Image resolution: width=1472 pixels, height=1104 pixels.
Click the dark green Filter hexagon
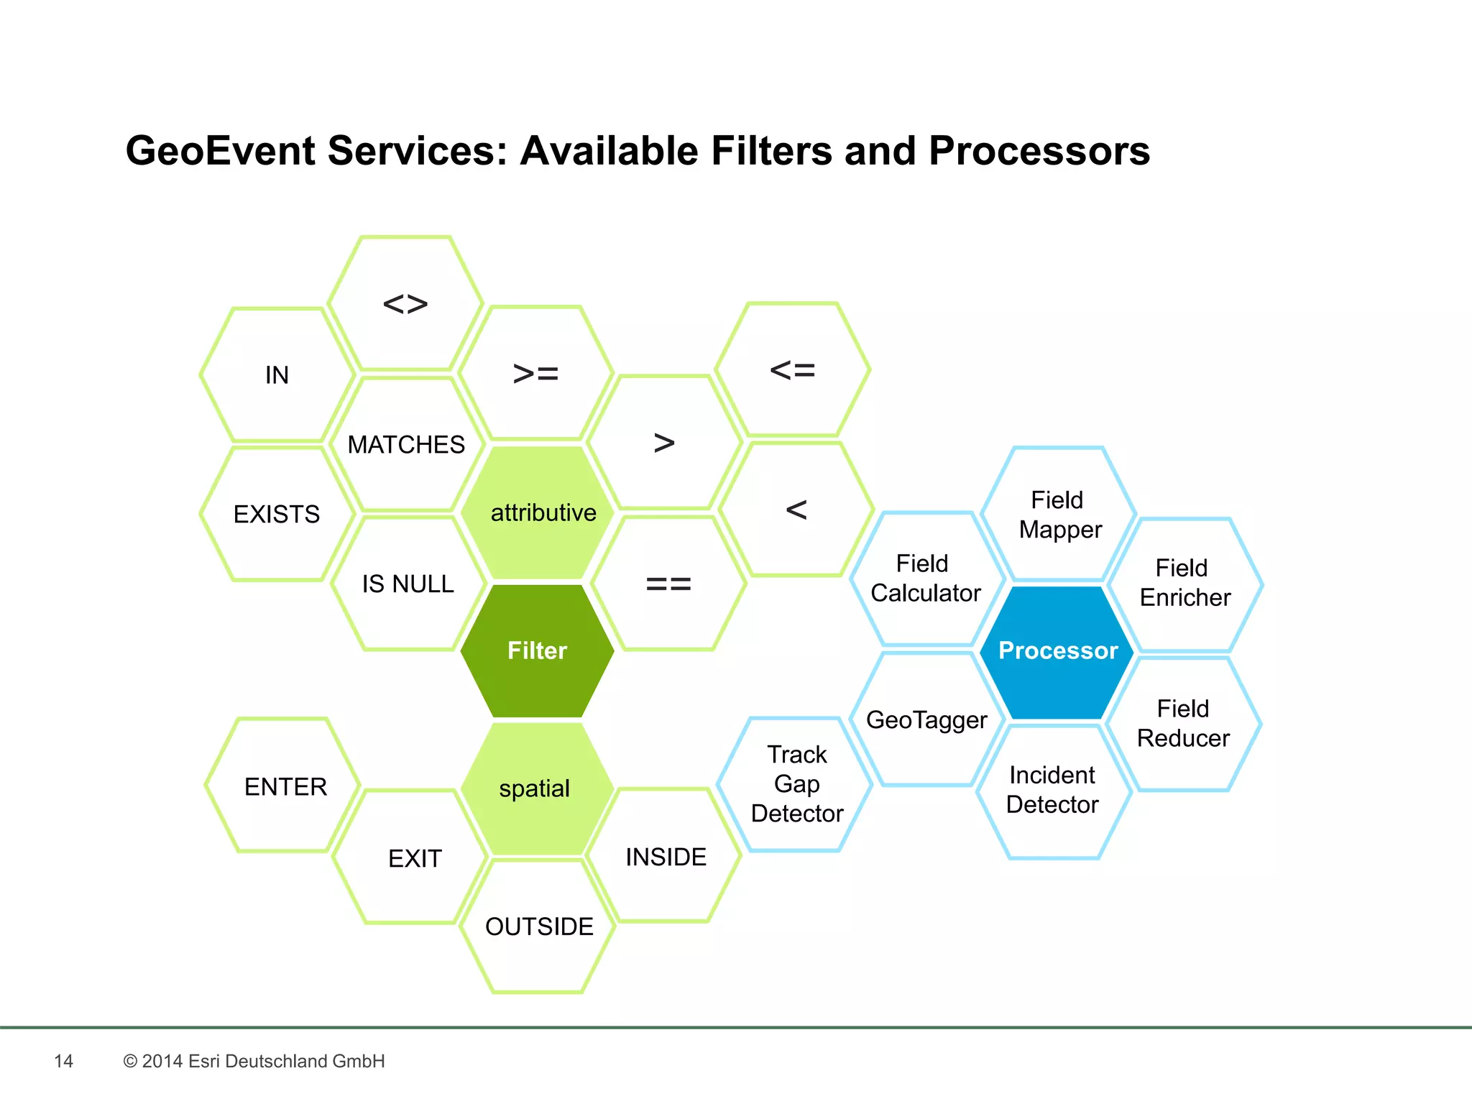point(537,650)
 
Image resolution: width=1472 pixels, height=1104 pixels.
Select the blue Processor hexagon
point(1057,651)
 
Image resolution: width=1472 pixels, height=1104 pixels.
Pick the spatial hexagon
point(536,788)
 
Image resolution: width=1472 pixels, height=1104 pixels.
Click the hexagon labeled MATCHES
point(407,444)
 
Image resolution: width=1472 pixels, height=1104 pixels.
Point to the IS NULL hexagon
point(408,583)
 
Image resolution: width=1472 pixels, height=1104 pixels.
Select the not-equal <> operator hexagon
point(405,303)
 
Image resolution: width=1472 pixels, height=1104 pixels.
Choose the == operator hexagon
point(668,583)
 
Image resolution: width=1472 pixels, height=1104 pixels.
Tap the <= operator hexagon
point(792,370)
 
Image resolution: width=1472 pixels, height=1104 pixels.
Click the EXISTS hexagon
point(277,514)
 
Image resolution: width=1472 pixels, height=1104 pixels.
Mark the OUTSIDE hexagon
point(538,926)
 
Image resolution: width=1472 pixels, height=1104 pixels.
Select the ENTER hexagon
point(285,786)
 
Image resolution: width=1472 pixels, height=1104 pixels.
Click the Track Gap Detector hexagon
point(796,784)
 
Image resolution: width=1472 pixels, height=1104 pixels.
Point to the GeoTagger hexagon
point(926,719)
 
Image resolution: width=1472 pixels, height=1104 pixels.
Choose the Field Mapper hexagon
point(1059,515)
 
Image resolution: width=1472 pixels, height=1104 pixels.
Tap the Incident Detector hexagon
point(1053,790)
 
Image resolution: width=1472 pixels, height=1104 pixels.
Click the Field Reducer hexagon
point(1183,723)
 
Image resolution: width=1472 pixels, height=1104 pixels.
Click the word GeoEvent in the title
point(220,151)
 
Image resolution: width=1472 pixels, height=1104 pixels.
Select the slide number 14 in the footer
point(63,1061)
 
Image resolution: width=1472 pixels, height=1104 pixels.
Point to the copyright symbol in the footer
point(130,1061)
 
